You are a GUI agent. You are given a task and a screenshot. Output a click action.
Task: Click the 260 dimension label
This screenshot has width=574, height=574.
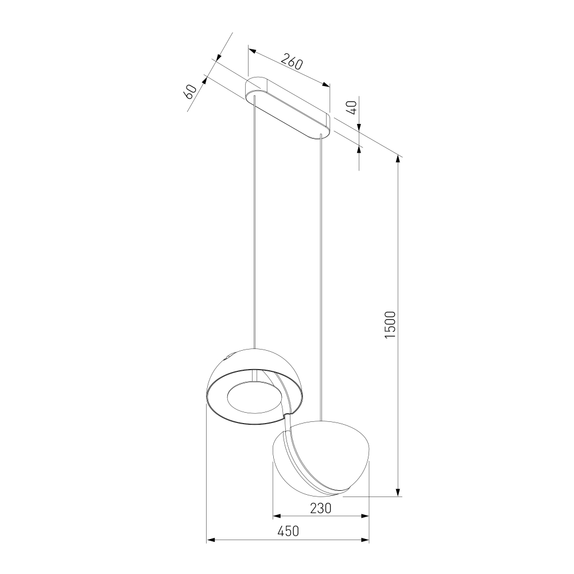click(292, 61)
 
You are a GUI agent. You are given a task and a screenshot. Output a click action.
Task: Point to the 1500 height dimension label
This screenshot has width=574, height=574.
click(390, 325)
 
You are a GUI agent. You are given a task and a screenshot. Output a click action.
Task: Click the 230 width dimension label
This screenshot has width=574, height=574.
click(321, 508)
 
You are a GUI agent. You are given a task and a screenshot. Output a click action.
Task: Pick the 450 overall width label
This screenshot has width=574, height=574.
click(288, 531)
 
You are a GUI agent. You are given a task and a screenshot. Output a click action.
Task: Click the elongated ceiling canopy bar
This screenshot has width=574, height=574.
click(288, 108)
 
